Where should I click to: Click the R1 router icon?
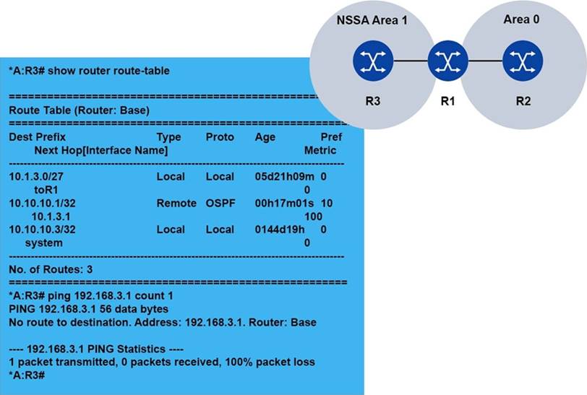(x=447, y=62)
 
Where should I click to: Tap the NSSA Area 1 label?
(x=372, y=21)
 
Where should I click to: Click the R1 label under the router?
(x=447, y=101)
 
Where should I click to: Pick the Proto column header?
(x=220, y=137)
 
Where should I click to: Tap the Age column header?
(x=266, y=137)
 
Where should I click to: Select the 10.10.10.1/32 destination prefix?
(x=42, y=203)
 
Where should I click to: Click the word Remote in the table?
(x=176, y=203)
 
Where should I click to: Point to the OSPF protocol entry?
(x=220, y=203)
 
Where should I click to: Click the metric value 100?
(x=313, y=216)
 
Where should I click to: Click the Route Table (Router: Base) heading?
(x=78, y=110)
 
